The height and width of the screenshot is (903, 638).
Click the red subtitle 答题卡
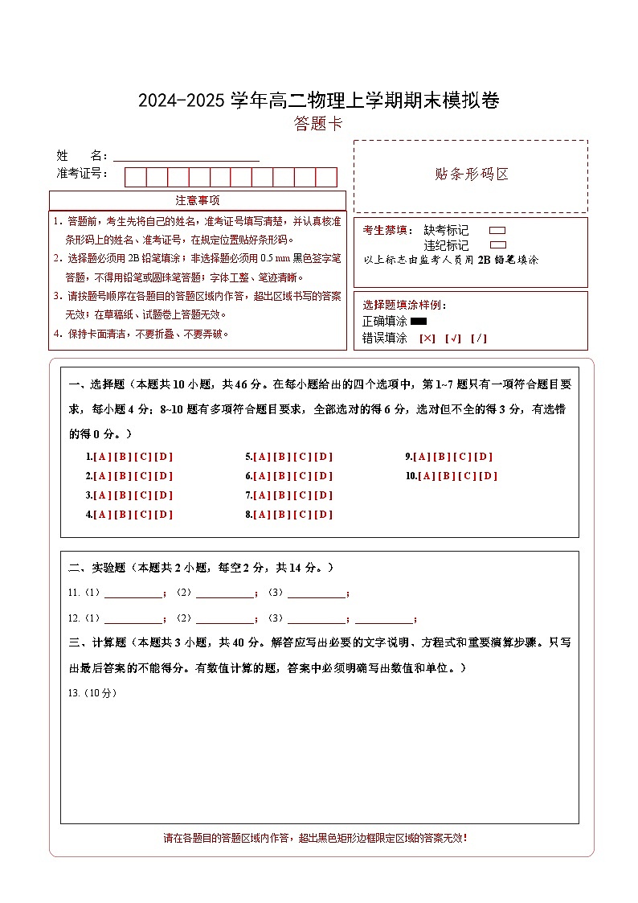pyautogui.click(x=318, y=124)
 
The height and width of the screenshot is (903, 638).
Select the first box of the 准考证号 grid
pyautogui.click(x=135, y=177)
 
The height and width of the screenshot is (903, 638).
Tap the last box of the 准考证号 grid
pyautogui.click(x=326, y=177)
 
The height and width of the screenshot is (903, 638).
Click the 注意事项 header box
pyautogui.click(x=198, y=200)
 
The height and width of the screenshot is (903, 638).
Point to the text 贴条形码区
pyautogui.click(x=471, y=174)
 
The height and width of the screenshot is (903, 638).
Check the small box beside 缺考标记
pyautogui.click(x=497, y=230)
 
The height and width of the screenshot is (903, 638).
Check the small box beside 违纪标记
pyautogui.click(x=497, y=245)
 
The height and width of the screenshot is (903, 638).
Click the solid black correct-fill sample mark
pyautogui.click(x=419, y=322)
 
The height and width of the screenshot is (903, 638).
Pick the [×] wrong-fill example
pyautogui.click(x=427, y=339)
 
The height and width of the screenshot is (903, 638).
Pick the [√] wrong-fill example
pyautogui.click(x=453, y=339)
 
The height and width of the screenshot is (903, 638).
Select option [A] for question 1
pyautogui.click(x=102, y=457)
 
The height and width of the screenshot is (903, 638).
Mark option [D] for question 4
pyautogui.click(x=164, y=515)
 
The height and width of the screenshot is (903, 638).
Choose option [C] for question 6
pyautogui.click(x=303, y=476)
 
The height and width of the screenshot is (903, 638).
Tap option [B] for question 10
pyautogui.click(x=448, y=476)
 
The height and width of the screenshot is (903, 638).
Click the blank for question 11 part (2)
pyautogui.click(x=225, y=594)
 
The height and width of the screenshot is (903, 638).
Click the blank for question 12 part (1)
pyautogui.click(x=133, y=619)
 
